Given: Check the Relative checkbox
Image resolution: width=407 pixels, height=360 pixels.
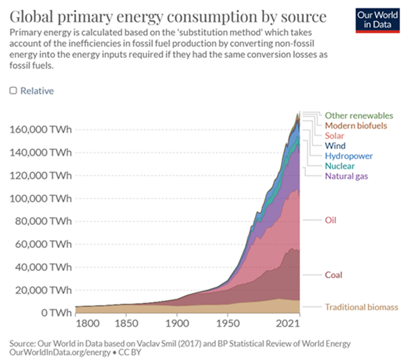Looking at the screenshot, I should tap(13, 90).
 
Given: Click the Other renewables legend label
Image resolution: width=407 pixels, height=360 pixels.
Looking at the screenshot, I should tap(359, 115).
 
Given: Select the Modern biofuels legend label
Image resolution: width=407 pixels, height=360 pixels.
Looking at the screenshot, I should tap(356, 125).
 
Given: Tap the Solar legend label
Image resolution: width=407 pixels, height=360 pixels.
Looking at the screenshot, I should tap(335, 136).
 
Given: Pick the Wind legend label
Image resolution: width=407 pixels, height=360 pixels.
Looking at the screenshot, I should tap(335, 146).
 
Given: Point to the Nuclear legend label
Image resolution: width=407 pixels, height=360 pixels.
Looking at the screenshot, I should tap(340, 166).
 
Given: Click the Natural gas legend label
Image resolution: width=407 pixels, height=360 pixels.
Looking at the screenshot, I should tap(346, 176).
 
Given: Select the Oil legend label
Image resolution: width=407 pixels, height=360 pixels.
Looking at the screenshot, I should tap(331, 220).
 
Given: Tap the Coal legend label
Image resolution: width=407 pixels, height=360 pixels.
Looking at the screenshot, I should tap(334, 275).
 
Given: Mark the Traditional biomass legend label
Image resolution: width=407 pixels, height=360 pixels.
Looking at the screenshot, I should tap(361, 307).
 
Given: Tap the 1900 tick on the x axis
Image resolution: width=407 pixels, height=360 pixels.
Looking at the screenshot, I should tap(177, 323).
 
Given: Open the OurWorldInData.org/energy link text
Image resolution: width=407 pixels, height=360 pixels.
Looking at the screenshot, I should tap(51, 352).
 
